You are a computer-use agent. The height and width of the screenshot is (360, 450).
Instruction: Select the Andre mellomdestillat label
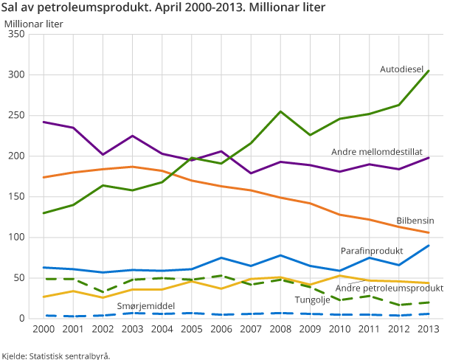pyautogui.click(x=376, y=151)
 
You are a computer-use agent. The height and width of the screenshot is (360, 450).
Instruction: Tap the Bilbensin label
pyautogui.click(x=415, y=221)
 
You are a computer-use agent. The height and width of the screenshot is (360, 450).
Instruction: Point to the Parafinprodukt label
pyautogui.click(x=370, y=251)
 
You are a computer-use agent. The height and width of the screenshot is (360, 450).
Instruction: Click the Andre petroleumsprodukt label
pyautogui.click(x=389, y=288)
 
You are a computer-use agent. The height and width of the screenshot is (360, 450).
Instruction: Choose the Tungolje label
pyautogui.click(x=313, y=300)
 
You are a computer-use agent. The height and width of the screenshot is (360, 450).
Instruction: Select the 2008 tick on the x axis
pyautogui.click(x=280, y=329)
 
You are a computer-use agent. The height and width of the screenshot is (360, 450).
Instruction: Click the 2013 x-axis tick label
pyautogui.click(x=429, y=329)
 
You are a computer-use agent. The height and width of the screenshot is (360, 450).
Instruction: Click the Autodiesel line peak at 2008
pyautogui.click(x=280, y=111)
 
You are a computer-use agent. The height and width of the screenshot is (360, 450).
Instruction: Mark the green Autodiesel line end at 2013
pyautogui.click(x=429, y=71)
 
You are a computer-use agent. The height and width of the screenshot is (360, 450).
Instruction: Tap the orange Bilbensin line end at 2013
pyautogui.click(x=429, y=233)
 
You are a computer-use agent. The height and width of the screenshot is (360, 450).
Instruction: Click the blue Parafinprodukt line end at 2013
pyautogui.click(x=429, y=246)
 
